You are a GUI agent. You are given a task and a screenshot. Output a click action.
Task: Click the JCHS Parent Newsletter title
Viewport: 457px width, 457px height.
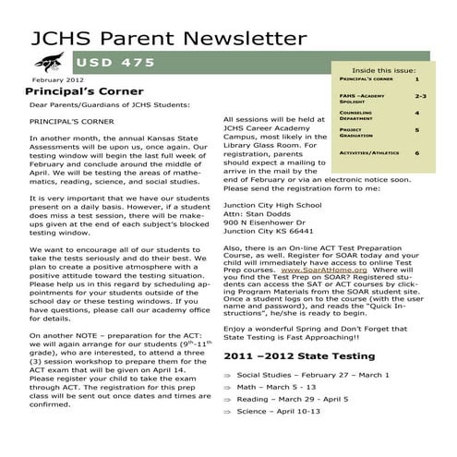coord(168,38)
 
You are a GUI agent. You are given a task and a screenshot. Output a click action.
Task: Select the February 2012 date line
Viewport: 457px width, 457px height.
coord(44,81)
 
